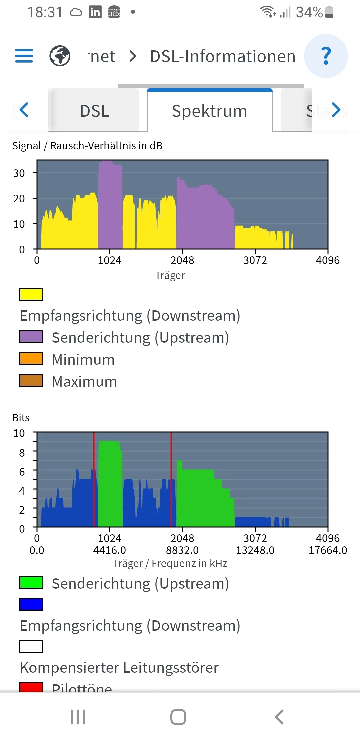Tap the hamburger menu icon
coord(24,56)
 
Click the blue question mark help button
coord(326,56)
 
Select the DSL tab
coord(95,111)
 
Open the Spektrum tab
coord(209,111)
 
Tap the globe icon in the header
coord(60,56)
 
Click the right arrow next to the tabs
coord(336,110)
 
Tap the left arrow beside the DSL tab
coord(24,110)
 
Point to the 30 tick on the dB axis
coord(19,173)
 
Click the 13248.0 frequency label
coord(255,550)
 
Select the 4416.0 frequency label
coord(110,550)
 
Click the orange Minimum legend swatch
coord(31,358)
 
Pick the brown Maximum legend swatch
coord(31,380)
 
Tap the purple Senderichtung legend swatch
coord(31,336)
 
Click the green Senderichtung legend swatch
coord(31,582)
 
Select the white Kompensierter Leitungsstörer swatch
coord(31,646)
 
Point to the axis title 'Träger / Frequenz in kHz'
coord(170,563)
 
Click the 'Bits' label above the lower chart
coord(21,418)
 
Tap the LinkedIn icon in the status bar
coord(95,12)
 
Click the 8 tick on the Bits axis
coord(22,453)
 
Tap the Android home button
coord(178,717)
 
